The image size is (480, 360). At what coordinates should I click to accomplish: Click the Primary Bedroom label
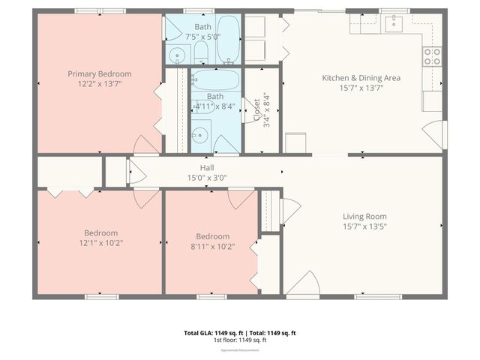coord(100,73)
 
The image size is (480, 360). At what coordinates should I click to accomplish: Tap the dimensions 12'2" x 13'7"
coord(100,84)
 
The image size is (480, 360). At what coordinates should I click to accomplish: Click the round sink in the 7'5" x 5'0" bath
coord(177,54)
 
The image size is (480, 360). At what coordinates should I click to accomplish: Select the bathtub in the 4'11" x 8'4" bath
coord(215,80)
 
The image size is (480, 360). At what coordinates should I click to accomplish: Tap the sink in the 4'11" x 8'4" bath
coord(199,136)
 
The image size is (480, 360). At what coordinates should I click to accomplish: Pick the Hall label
coord(207,167)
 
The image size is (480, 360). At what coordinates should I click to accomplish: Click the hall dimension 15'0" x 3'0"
coord(207,178)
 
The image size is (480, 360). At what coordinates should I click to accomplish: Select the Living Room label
coord(364,216)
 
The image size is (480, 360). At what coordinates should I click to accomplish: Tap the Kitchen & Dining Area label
coord(361,77)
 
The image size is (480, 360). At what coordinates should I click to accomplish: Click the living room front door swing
coord(301,284)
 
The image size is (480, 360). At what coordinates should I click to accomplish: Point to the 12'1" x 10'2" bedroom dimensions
coord(100,243)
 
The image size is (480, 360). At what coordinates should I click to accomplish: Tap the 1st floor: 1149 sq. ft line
coord(240,340)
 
